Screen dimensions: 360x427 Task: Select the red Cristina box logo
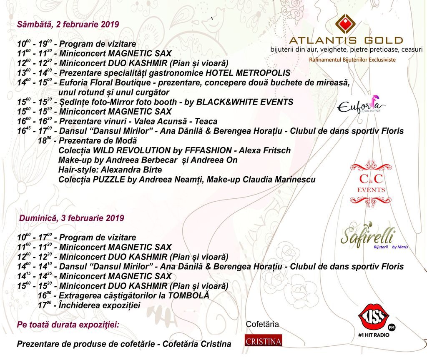[263, 340]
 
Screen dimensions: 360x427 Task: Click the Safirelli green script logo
[367, 237]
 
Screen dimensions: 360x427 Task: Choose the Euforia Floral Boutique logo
[361, 107]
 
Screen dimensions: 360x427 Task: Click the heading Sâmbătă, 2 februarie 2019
[68, 24]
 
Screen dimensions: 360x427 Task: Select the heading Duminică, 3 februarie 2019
[72, 218]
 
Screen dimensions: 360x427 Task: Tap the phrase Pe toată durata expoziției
[68, 325]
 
